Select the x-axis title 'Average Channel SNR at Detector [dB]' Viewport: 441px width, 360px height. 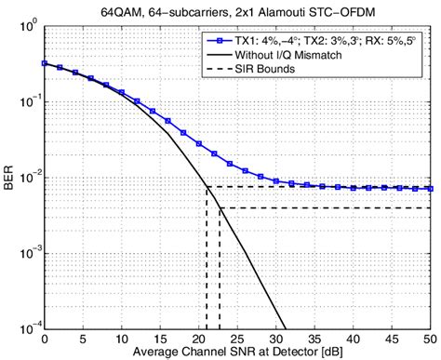click(238, 352)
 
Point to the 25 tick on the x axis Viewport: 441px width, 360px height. click(238, 338)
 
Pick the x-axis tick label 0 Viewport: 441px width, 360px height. click(44, 338)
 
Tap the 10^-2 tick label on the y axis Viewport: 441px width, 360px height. click(29, 177)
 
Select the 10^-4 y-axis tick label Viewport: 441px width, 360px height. click(29, 327)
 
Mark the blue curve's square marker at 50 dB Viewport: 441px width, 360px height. click(432, 189)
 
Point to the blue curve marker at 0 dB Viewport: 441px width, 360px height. click(44, 64)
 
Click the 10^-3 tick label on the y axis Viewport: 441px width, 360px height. click(29, 252)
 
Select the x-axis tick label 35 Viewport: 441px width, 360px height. click(315, 338)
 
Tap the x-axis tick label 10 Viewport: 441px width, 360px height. click(122, 338)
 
